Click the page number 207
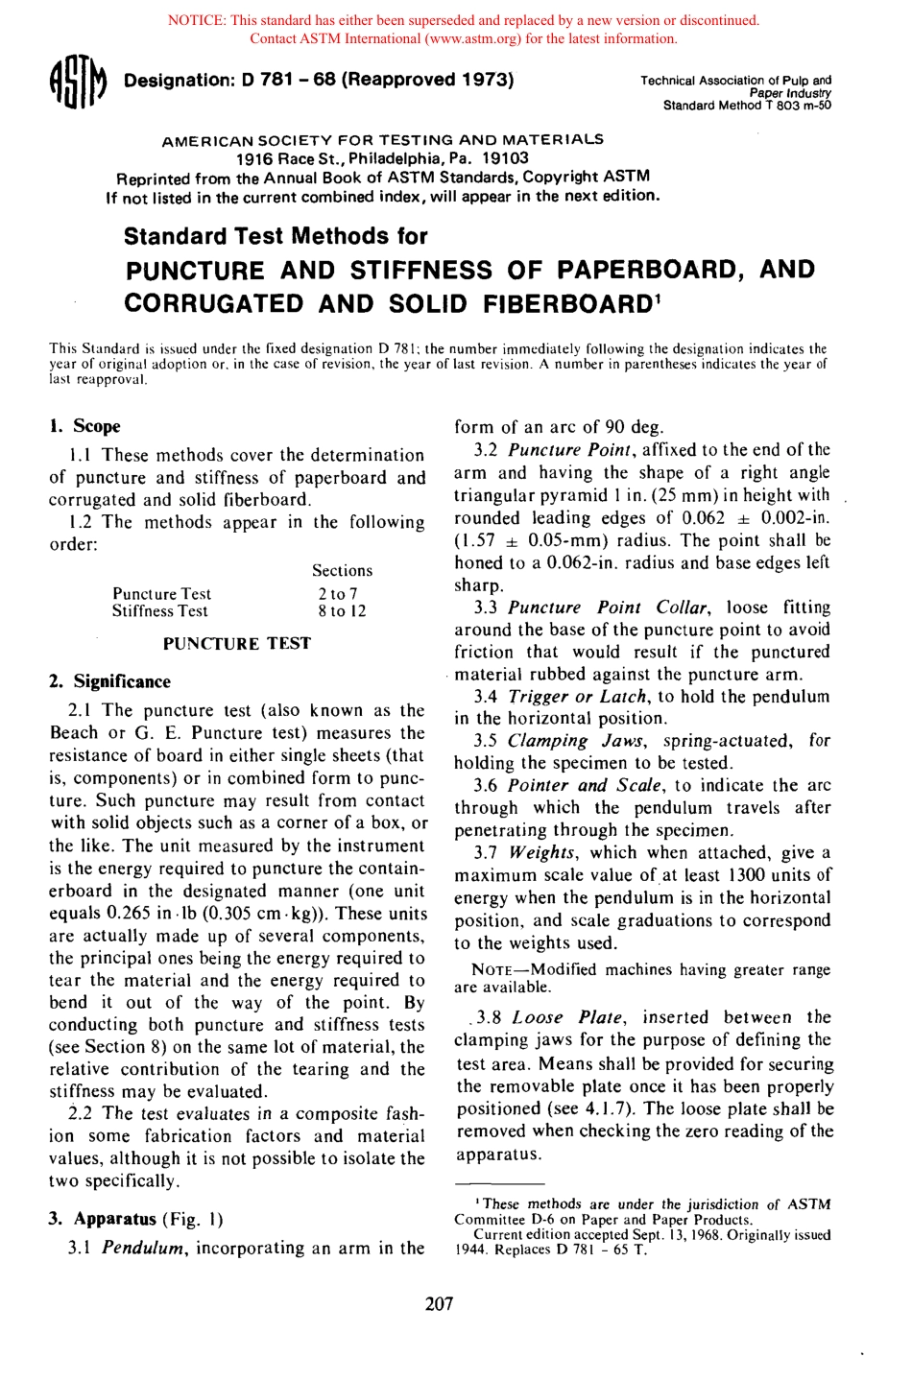pos(439,1304)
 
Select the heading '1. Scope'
pos(84,426)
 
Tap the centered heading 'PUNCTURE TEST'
pos(236,644)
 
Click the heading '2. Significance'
pos(109,681)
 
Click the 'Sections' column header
pos(342,570)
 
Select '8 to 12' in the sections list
pos(342,611)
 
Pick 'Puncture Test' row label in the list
pos(161,594)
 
